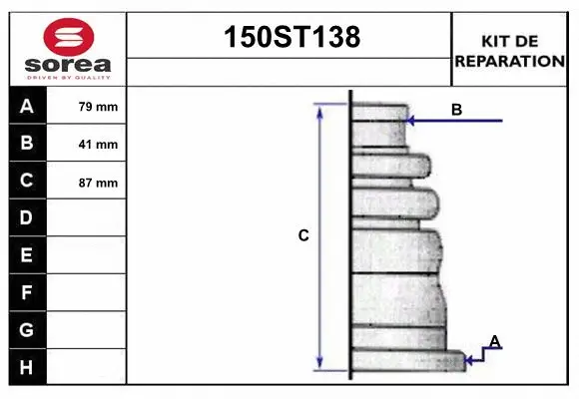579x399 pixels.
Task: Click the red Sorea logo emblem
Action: (x=69, y=37)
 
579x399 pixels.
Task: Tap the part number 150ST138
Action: (x=292, y=37)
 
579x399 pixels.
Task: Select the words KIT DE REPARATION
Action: (x=509, y=51)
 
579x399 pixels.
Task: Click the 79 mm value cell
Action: (x=86, y=106)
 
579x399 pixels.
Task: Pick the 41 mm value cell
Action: (x=86, y=143)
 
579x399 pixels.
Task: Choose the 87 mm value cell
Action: (x=86, y=181)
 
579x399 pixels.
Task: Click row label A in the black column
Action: (x=27, y=107)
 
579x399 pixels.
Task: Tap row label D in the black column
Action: (x=26, y=217)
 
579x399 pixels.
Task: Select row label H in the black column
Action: (x=26, y=368)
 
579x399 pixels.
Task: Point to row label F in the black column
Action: (x=26, y=292)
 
